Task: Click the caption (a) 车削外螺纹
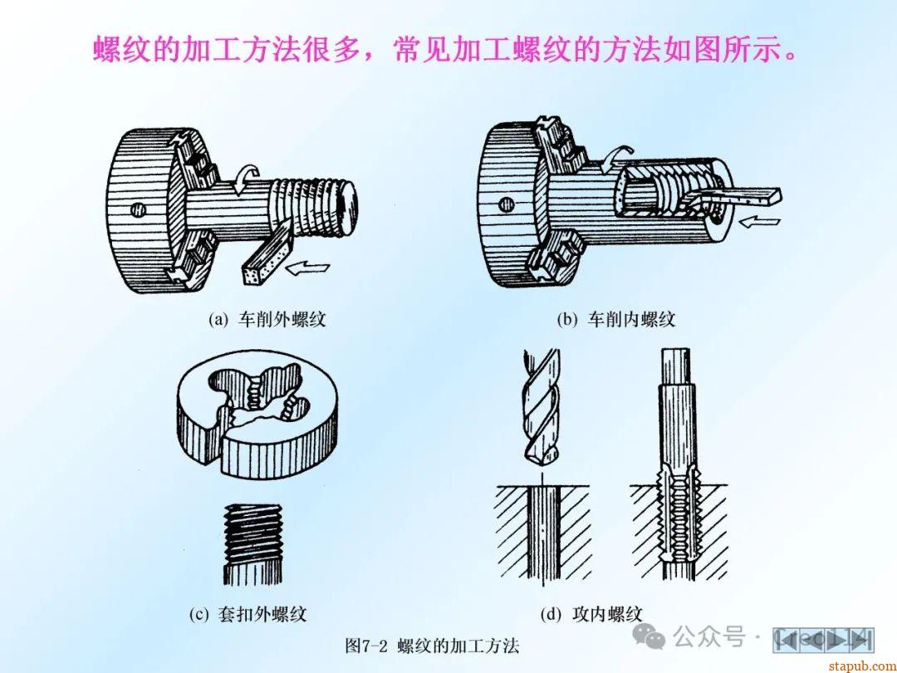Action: pos(267,319)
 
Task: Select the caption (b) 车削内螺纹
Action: pos(616,319)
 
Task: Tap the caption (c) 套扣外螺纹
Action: pos(248,614)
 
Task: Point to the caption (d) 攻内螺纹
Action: pos(591,614)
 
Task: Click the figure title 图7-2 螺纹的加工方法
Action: pos(433,646)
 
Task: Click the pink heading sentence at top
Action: pos(445,50)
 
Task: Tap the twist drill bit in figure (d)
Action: pos(541,406)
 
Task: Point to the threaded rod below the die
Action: pos(252,544)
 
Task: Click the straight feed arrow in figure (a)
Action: pos(308,268)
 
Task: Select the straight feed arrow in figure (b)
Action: pos(760,221)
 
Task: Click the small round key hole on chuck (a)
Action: pos(137,209)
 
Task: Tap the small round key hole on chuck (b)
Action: pos(506,204)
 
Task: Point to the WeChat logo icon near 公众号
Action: pos(649,636)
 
